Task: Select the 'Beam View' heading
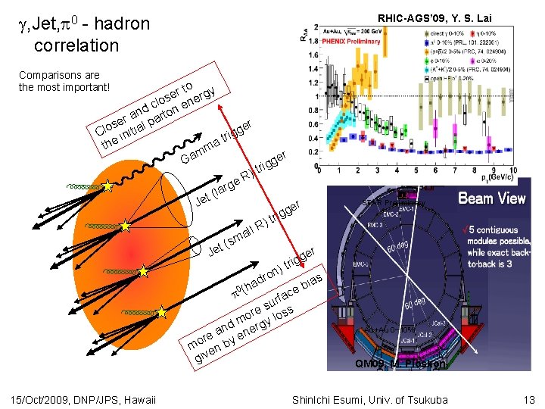coord(491,198)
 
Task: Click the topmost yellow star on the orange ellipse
coord(108,186)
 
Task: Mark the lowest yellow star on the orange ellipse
coord(161,311)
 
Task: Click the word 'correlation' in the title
coord(76,45)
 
